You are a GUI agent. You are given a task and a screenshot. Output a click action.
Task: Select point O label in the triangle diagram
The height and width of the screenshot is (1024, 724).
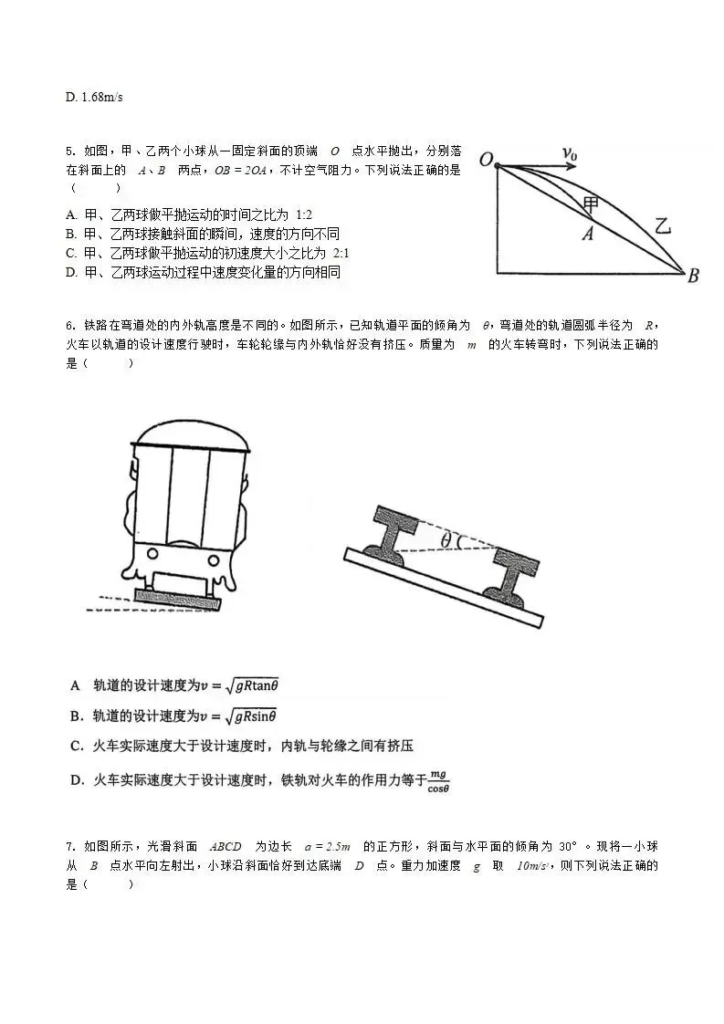point(486,161)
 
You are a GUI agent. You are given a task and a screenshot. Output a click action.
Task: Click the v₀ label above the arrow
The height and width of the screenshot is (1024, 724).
point(570,154)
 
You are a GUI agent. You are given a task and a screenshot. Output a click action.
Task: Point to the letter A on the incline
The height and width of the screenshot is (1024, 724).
point(588,234)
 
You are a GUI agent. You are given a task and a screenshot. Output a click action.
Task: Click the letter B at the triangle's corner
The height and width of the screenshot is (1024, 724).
point(693,276)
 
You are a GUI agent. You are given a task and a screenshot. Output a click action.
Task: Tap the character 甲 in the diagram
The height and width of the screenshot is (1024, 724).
point(592,203)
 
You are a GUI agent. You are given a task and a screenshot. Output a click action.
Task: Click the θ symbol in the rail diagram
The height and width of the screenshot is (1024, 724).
point(446,540)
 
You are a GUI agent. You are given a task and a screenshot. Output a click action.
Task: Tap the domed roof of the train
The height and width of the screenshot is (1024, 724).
point(190,436)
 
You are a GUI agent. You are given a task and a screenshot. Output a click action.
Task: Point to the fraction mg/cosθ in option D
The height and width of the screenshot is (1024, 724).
point(439,780)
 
